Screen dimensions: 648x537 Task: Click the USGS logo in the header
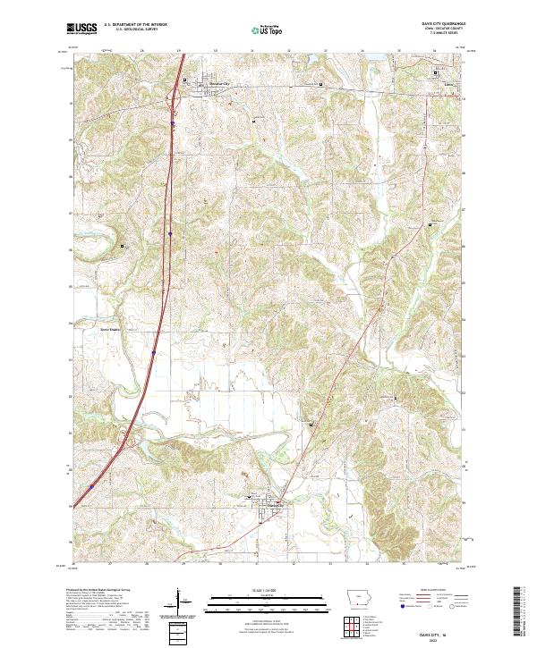[x=81, y=29]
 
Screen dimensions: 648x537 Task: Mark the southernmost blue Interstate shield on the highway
[x=92, y=487]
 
